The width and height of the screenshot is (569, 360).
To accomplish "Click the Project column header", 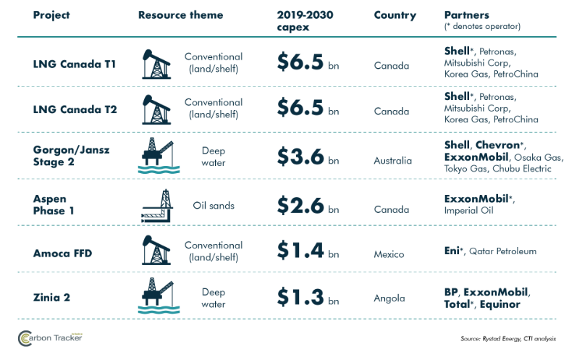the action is [51, 15].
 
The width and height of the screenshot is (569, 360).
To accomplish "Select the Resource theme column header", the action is [180, 15].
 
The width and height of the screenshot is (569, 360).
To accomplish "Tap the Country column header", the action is [395, 15].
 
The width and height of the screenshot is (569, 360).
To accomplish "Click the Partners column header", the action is [467, 15].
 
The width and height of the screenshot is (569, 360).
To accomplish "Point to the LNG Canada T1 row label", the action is [75, 64].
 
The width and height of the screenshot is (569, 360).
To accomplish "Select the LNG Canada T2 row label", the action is [75, 109].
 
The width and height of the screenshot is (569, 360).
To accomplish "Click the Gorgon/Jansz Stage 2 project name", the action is [71, 156].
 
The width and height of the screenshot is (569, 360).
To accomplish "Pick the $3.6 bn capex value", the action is [308, 157].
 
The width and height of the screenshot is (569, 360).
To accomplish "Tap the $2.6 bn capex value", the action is [308, 206].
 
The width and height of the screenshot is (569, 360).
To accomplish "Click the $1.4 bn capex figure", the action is [308, 251].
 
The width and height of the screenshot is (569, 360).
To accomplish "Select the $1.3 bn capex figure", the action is [308, 297].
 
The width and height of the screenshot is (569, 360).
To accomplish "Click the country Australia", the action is [392, 161].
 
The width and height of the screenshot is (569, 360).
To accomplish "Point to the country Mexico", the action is [389, 254].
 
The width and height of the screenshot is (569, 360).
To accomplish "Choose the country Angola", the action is [389, 298].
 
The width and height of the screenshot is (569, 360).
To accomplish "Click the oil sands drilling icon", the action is [157, 206].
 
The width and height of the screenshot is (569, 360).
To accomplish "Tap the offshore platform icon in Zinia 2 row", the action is [159, 296].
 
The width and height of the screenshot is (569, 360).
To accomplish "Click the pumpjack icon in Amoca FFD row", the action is [156, 250].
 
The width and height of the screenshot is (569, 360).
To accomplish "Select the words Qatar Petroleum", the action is [502, 251].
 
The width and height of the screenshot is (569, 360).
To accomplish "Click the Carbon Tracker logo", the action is [50, 338].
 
